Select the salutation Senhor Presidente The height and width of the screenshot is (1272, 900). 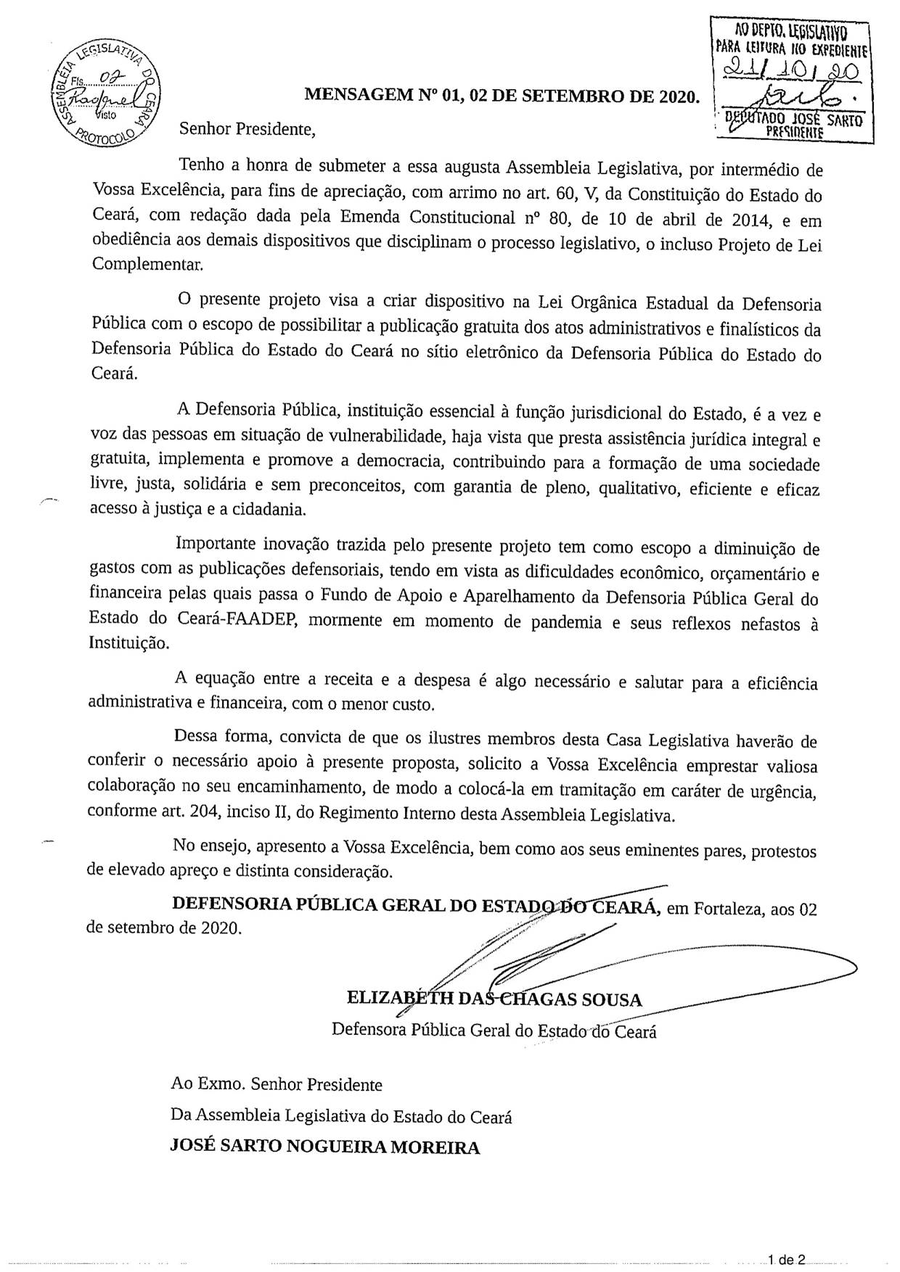click(248, 130)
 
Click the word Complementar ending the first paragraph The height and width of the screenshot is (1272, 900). click(147, 264)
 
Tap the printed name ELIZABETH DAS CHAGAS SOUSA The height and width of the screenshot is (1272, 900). click(494, 999)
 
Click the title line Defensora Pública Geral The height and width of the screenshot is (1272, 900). click(494, 1030)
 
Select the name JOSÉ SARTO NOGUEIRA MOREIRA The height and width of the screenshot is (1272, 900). click(324, 1147)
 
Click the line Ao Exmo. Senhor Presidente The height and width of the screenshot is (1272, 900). click(276, 1085)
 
